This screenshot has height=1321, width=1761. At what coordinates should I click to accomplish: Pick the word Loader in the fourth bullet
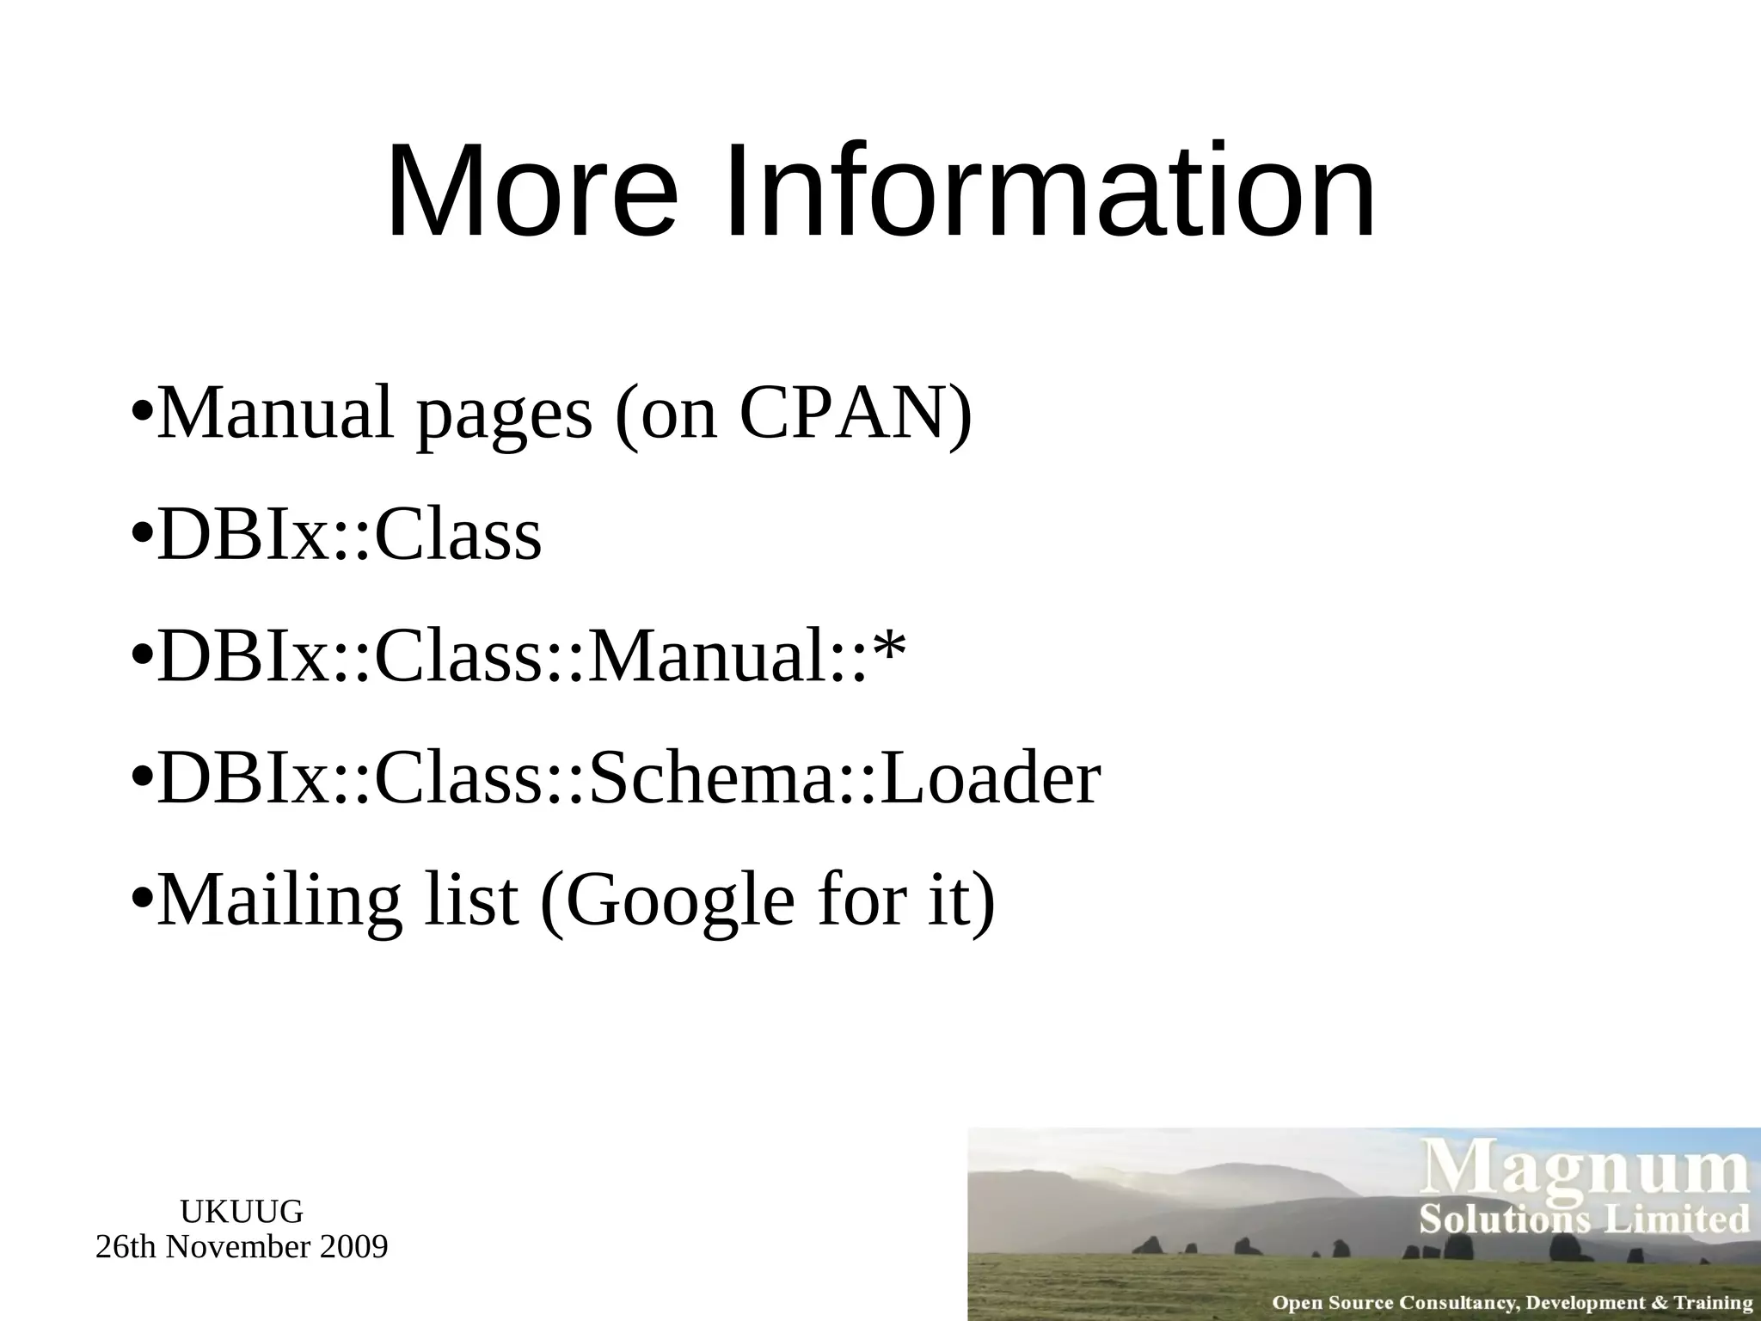point(991,779)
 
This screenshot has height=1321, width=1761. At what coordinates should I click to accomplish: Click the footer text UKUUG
point(242,1212)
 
